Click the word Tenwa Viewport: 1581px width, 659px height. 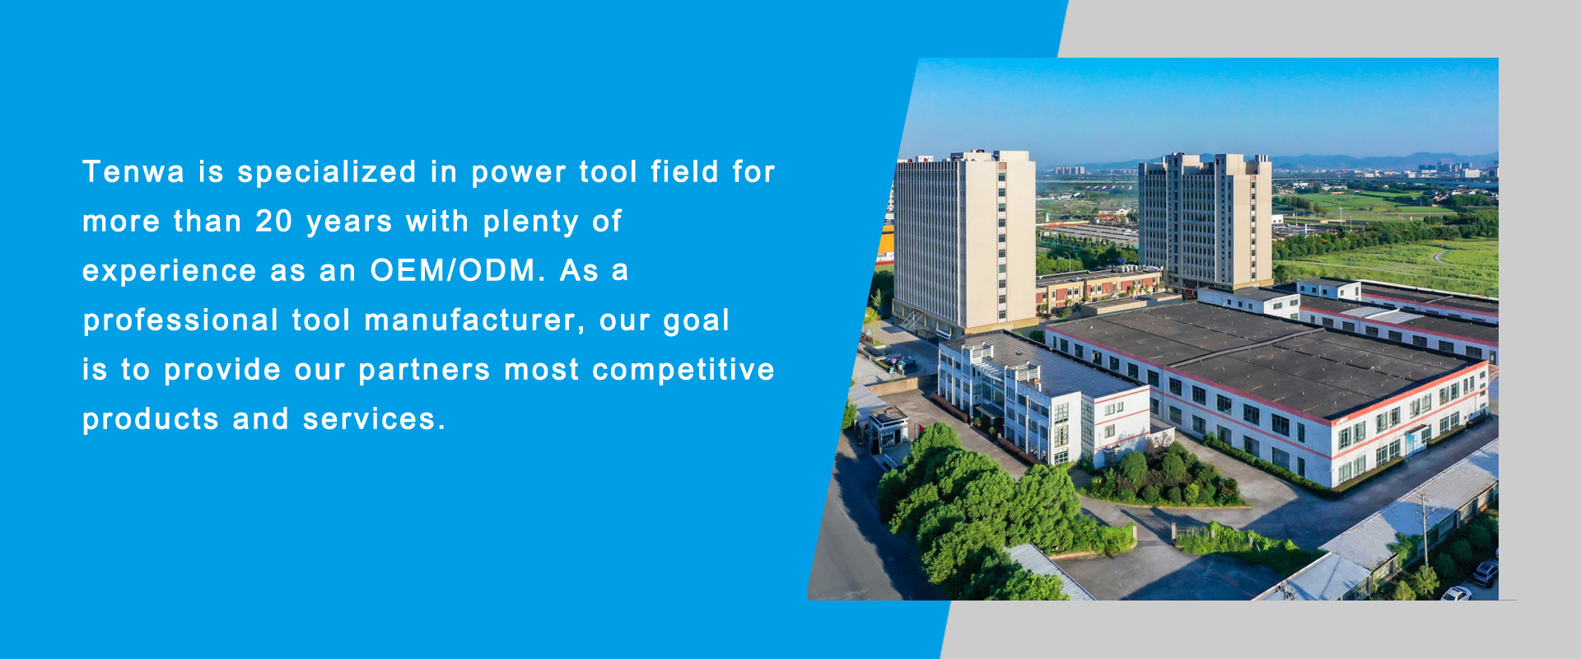click(133, 172)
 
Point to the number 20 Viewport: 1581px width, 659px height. click(273, 222)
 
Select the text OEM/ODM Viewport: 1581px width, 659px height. click(458, 271)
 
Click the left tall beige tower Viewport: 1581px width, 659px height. click(963, 243)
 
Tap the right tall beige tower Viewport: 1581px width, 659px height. click(1204, 222)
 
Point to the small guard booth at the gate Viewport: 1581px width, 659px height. click(889, 428)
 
